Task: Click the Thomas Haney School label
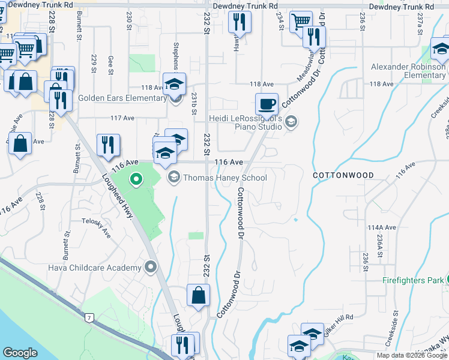(224, 178)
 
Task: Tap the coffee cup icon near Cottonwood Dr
(267, 104)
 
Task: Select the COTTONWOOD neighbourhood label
(343, 175)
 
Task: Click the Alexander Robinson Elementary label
(408, 71)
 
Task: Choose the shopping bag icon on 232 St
(198, 295)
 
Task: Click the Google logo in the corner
(20, 353)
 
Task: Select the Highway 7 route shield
(89, 317)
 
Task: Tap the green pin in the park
(136, 179)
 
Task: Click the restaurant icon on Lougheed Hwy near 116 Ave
(108, 145)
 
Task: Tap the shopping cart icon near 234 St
(301, 22)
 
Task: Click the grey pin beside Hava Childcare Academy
(151, 267)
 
